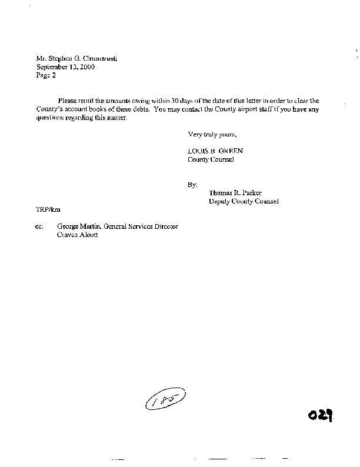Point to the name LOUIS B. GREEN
click(212, 151)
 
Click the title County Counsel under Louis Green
click(211, 159)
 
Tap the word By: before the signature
click(192, 185)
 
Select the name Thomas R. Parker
click(235, 193)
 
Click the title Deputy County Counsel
click(244, 201)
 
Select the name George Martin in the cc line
click(79, 226)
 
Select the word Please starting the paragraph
click(68, 101)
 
